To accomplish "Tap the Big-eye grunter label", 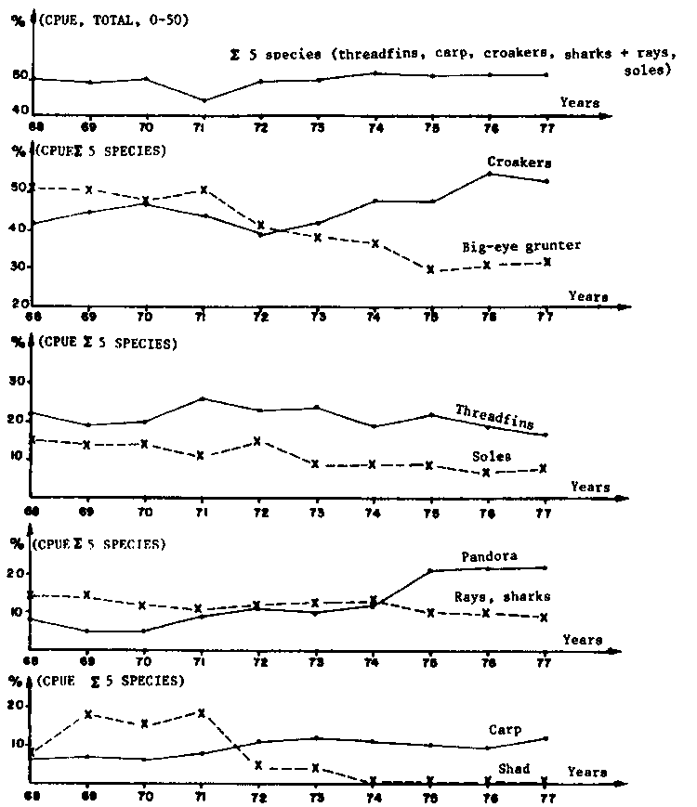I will click(521, 247).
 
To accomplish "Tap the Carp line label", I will click(505, 730).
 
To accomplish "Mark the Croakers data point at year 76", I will click(490, 174).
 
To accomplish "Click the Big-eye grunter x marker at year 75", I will click(431, 270).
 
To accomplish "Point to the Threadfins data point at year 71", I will click(203, 399).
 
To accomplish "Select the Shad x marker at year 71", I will click(203, 713).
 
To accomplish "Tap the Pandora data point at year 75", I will click(431, 571).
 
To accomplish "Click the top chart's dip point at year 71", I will click(203, 100).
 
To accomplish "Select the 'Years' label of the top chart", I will click(580, 102).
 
